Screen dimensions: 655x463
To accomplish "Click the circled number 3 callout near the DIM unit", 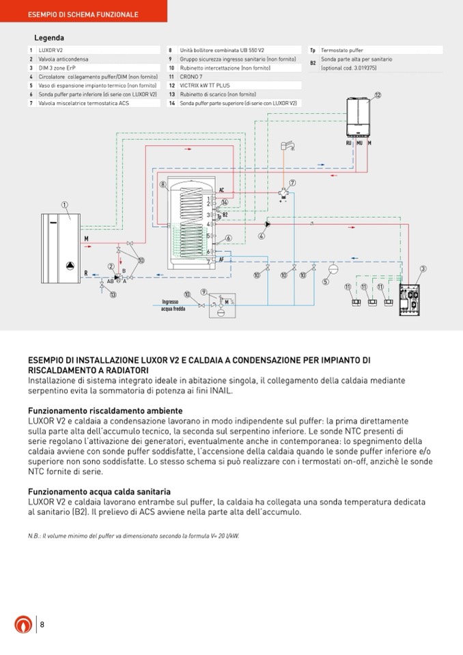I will [x=423, y=269].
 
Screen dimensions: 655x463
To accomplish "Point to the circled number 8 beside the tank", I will [x=163, y=184].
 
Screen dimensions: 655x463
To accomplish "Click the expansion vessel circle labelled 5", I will [x=325, y=280].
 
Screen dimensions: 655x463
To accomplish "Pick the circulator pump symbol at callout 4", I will [x=268, y=223].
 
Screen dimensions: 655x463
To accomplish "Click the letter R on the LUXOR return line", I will [x=85, y=273].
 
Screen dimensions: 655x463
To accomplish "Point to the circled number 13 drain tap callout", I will [x=113, y=294].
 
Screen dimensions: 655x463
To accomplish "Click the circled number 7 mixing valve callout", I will [x=292, y=182].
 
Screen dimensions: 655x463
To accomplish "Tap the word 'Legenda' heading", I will [x=49, y=38].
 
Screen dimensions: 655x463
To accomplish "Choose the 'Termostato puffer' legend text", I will [x=342, y=51].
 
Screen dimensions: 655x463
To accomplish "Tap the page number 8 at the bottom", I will [x=42, y=624].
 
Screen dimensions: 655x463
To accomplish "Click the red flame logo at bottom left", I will [x=23, y=625].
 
